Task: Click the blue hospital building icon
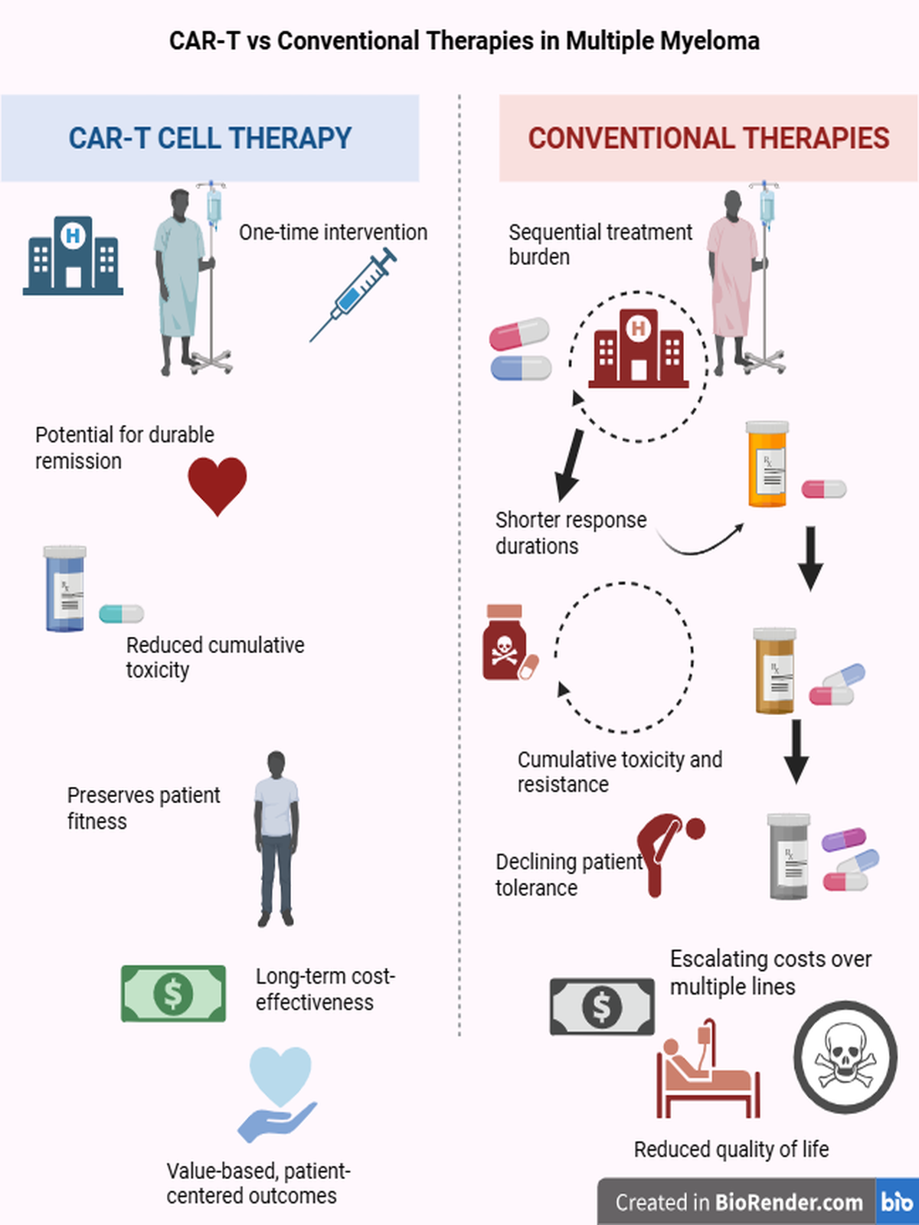pyautogui.click(x=73, y=256)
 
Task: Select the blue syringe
pyautogui.click(x=354, y=296)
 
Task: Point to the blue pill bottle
pyautogui.click(x=65, y=589)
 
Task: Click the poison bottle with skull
pyautogui.click(x=504, y=644)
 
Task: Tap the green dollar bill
pyautogui.click(x=173, y=993)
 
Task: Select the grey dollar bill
pyautogui.click(x=602, y=1006)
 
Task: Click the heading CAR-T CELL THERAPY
pyautogui.click(x=210, y=139)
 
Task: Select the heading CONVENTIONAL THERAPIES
pyautogui.click(x=708, y=139)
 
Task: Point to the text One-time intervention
pyautogui.click(x=333, y=232)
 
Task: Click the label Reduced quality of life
pyautogui.click(x=731, y=1149)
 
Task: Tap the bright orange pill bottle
pyautogui.click(x=767, y=464)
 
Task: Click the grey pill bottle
pyautogui.click(x=788, y=857)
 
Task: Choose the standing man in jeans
pyautogui.click(x=276, y=838)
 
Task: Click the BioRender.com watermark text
pyautogui.click(x=739, y=1203)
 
